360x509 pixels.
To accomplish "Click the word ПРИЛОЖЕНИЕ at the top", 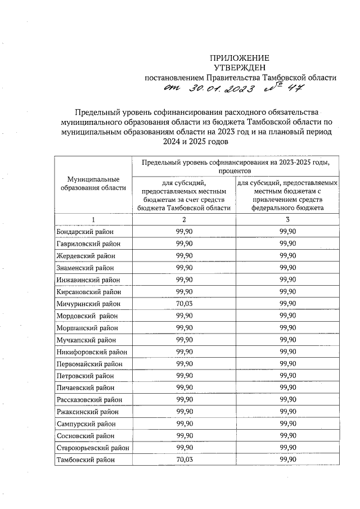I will (x=240, y=58).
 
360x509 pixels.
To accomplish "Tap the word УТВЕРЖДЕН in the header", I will (x=240, y=67).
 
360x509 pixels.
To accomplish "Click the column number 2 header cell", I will (x=184, y=219).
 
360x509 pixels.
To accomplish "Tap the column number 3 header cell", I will (x=287, y=219).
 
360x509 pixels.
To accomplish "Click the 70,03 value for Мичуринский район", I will (x=184, y=303).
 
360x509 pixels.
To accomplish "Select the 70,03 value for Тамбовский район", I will (x=184, y=460).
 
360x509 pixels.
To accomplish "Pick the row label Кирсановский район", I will (x=88, y=291).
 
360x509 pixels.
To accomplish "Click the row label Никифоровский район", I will (x=92, y=352).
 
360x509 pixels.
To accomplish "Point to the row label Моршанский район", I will (x=87, y=327).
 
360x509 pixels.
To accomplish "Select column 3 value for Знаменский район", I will (x=287, y=268).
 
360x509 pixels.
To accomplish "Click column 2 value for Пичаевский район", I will (x=184, y=388).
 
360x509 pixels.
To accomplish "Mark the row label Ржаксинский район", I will (x=88, y=412).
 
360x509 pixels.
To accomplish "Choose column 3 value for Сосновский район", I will (x=287, y=436).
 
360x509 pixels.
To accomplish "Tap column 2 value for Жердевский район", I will (x=184, y=255).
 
